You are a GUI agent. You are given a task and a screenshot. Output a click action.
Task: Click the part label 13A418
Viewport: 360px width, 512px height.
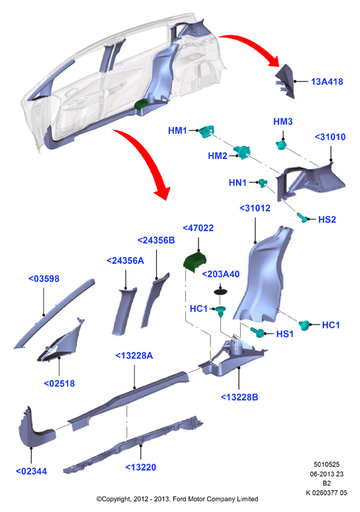[327, 81]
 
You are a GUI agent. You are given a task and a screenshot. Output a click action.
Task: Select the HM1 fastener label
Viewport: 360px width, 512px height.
[177, 130]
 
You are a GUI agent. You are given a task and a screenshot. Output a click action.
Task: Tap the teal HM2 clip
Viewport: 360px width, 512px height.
[242, 152]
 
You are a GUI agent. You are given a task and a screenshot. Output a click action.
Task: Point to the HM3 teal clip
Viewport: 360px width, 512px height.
[281, 144]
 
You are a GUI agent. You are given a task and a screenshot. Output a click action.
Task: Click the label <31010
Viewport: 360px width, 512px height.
[330, 137]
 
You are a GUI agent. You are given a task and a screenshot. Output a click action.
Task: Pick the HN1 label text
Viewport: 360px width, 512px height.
[238, 183]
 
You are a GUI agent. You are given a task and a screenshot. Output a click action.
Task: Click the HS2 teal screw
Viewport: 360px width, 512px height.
[302, 217]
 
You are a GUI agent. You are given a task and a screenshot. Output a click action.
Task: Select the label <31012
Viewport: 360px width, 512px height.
[255, 208]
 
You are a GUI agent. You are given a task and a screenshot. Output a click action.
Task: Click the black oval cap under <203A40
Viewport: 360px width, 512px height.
[220, 291]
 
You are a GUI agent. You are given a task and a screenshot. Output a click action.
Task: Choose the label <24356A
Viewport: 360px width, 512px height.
[125, 260]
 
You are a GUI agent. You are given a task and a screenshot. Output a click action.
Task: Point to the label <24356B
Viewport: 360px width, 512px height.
[156, 240]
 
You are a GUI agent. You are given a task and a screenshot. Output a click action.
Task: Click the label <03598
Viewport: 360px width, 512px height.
[44, 279]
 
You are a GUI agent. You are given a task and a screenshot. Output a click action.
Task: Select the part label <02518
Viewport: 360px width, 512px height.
[60, 384]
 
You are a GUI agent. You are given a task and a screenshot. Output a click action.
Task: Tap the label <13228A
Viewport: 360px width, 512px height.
[134, 356]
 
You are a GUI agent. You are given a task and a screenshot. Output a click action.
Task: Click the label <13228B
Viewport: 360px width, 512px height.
[240, 397]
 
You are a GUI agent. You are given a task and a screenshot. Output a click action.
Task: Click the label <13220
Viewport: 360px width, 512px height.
[141, 467]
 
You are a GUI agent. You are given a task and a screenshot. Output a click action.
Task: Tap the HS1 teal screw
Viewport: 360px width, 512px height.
[258, 332]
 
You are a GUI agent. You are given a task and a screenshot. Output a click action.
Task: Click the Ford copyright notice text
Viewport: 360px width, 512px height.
[177, 499]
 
